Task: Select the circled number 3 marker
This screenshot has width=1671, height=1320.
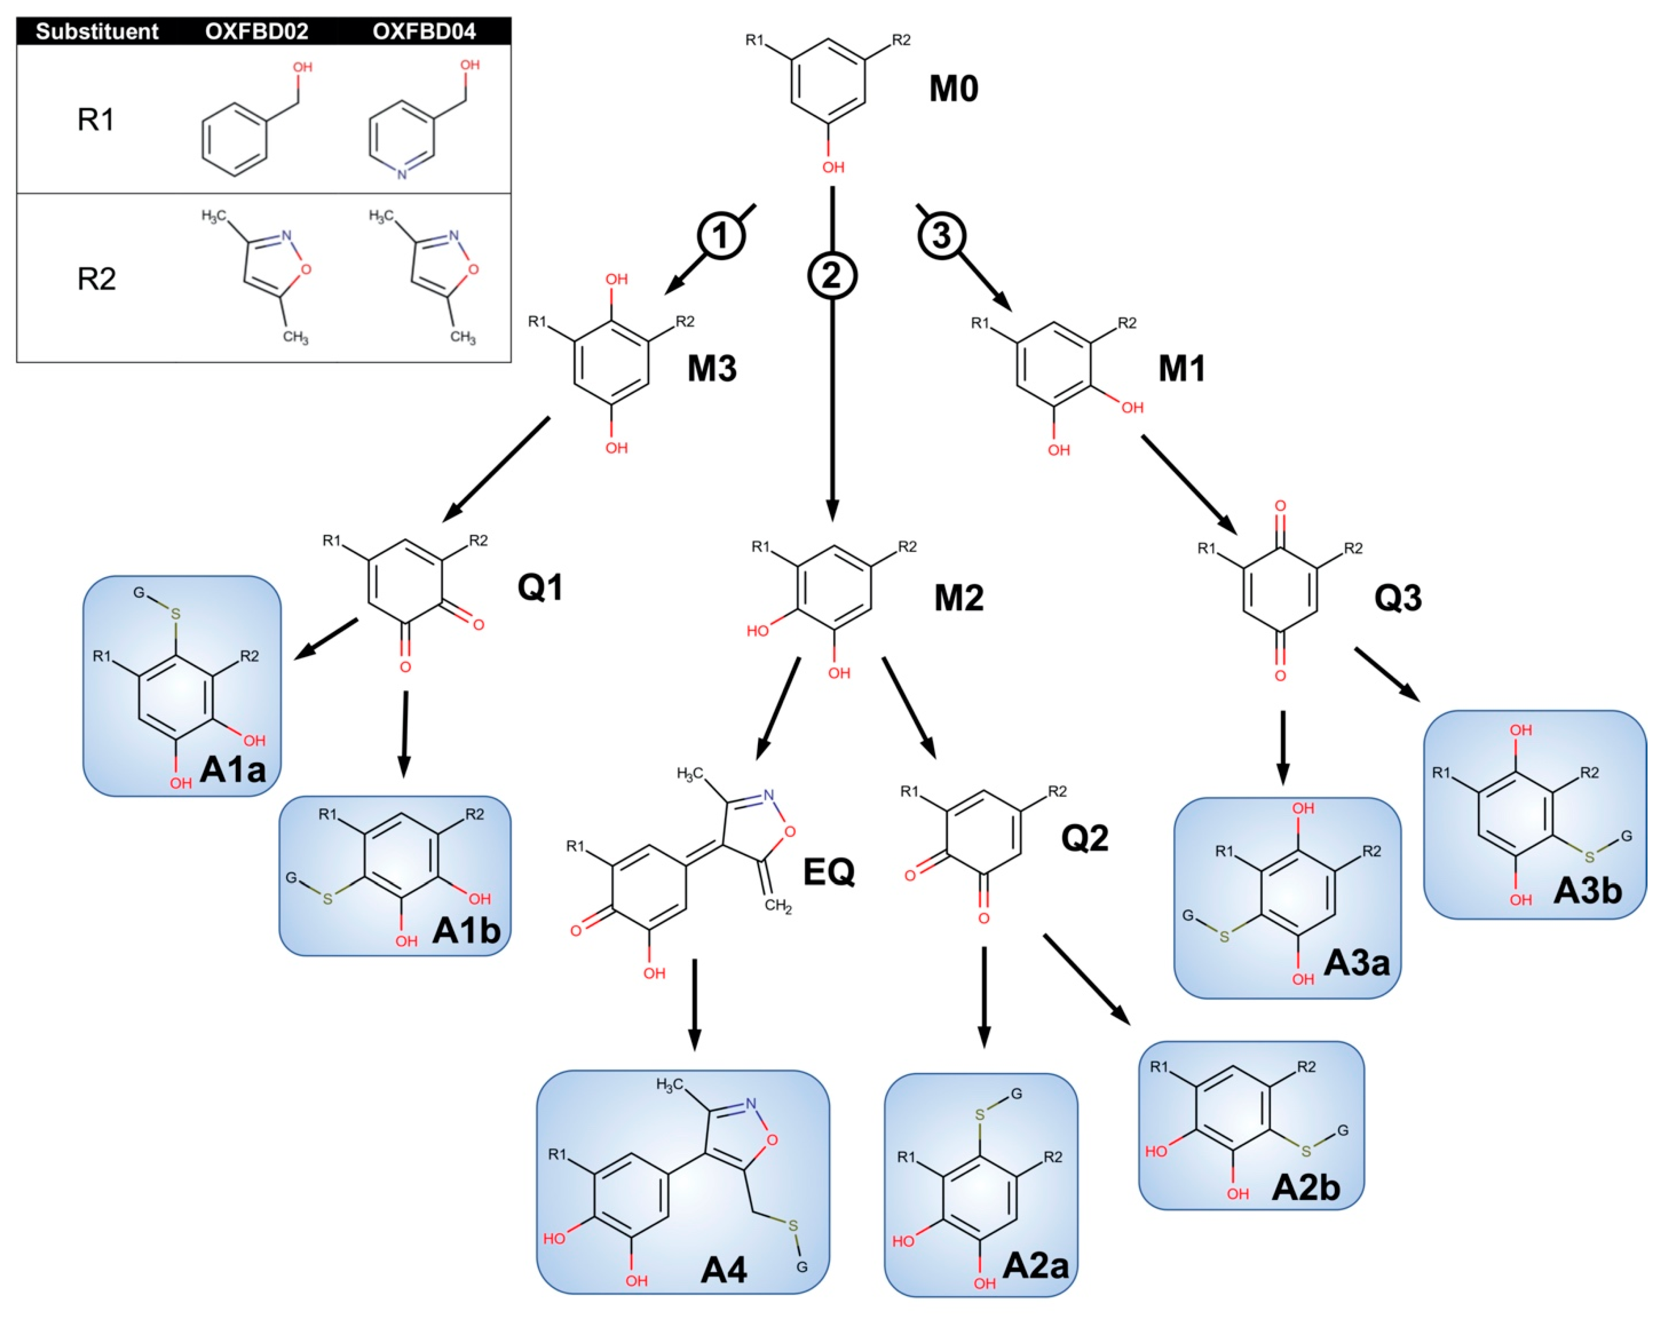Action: tap(941, 235)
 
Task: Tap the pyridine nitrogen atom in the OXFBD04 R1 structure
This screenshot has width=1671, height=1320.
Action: tap(401, 174)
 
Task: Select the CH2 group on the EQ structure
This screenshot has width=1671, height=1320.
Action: tap(777, 905)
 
